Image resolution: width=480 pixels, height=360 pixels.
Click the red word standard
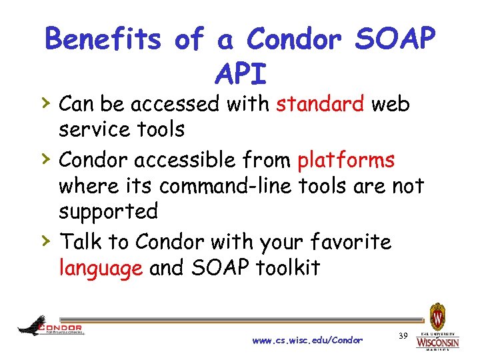(x=320, y=105)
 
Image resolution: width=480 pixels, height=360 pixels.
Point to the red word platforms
(x=346, y=161)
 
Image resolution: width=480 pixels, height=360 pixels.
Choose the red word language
(x=101, y=268)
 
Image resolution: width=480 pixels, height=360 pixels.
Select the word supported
(x=108, y=213)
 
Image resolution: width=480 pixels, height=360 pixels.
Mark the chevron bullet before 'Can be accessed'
(x=45, y=103)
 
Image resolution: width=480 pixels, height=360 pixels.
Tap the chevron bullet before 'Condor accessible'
(x=45, y=159)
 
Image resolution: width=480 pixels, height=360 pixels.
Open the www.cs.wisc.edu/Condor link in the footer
(x=307, y=341)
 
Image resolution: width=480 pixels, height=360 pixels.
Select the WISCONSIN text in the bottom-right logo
(x=437, y=343)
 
